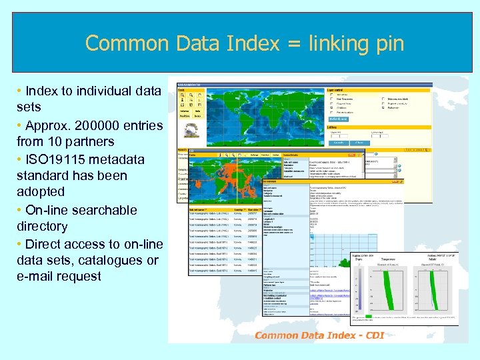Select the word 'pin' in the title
389,44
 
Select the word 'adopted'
41,191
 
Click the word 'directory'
42,226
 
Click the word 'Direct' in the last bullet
43,244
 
